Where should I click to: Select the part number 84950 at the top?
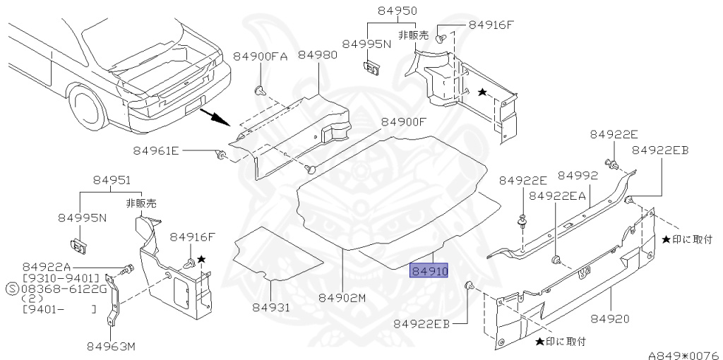pos(397,11)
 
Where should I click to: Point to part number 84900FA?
pos(261,56)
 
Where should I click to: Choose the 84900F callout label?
pos(404,122)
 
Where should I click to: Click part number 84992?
pos(578,175)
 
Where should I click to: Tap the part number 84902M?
pos(342,299)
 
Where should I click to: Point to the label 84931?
pos(275,308)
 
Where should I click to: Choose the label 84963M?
pos(111,346)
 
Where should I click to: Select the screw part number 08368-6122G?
pos(64,288)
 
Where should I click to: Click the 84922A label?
pos(47,266)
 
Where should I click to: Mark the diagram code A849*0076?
pos(681,353)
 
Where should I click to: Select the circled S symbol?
pos(11,288)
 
